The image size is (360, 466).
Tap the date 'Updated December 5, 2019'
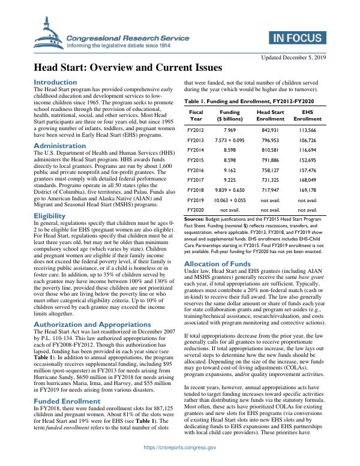click(292, 57)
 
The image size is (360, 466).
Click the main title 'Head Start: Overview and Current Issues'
click(127, 68)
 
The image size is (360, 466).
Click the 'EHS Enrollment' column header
click(307, 115)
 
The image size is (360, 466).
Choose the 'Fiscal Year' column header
click(196, 115)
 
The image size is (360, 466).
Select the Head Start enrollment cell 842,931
click(270, 130)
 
